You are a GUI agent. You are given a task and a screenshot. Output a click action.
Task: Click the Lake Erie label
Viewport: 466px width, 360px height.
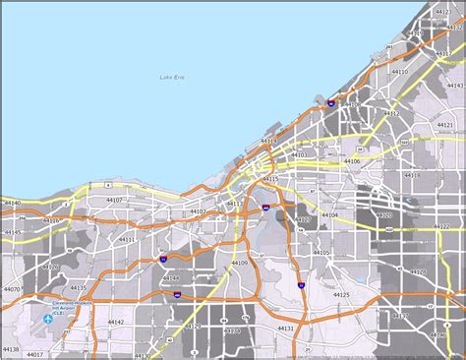click(x=172, y=78)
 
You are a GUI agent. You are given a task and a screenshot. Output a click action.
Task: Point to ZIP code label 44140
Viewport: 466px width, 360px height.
click(x=12, y=203)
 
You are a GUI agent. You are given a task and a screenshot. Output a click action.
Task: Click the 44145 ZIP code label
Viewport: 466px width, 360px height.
click(x=12, y=233)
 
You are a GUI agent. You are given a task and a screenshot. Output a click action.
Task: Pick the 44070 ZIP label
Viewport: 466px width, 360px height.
click(x=12, y=290)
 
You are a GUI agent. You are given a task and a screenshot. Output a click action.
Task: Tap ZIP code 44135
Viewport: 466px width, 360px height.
click(x=78, y=287)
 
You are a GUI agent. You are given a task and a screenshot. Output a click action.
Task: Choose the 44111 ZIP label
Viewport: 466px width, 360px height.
click(x=127, y=239)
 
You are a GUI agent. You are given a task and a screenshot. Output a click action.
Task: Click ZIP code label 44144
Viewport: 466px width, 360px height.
click(x=171, y=278)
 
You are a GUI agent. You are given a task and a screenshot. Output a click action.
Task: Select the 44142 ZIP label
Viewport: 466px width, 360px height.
click(x=116, y=322)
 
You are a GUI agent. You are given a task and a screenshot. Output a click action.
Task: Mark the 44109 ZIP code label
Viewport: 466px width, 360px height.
click(x=239, y=264)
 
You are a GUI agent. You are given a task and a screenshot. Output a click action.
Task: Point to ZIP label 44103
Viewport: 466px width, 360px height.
click(x=299, y=154)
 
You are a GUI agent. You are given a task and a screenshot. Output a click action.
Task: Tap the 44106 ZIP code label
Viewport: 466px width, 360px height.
click(x=352, y=161)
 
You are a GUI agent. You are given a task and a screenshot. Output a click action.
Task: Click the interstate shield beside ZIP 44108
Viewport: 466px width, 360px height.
click(x=331, y=101)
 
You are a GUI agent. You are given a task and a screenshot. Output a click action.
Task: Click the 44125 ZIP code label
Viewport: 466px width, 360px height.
click(x=341, y=294)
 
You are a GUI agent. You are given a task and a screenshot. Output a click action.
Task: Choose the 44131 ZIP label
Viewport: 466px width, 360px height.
click(x=285, y=329)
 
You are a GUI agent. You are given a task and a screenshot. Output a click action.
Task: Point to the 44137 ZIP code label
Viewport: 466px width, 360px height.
click(x=401, y=316)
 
